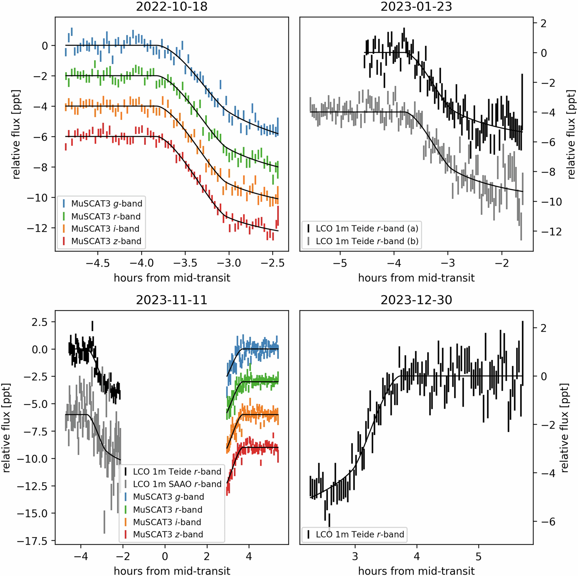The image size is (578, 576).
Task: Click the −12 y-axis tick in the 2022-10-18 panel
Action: coord(37,228)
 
